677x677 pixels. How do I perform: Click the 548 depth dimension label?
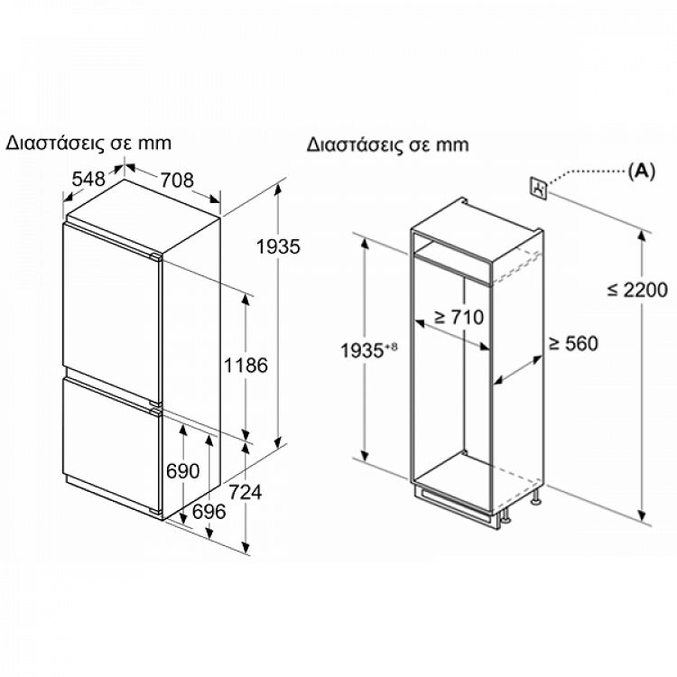click(88, 180)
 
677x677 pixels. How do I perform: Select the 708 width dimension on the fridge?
click(176, 181)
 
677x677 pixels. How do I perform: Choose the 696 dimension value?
click(209, 512)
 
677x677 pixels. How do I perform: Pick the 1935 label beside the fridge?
click(277, 246)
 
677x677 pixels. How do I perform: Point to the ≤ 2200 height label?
click(637, 290)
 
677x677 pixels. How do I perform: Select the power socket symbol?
click(539, 187)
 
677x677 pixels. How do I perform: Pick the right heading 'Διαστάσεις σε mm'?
click(387, 144)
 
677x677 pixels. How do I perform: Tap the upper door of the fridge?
click(110, 302)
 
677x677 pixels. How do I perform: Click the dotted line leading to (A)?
click(587, 172)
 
